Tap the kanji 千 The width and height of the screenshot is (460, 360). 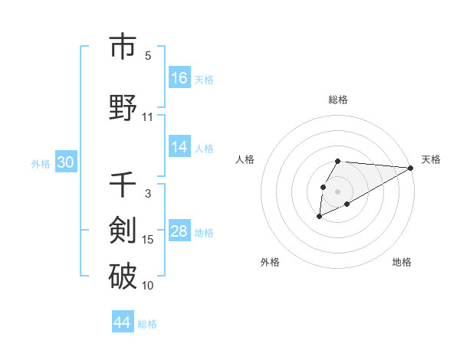pos(123,186)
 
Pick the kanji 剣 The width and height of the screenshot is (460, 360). pos(123,231)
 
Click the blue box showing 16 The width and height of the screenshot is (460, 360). pos(179,77)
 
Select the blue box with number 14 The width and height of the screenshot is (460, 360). pos(179,147)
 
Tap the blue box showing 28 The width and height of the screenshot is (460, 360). pos(179,231)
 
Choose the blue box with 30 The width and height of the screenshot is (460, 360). pos(65,162)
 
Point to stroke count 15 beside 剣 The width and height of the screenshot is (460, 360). pos(148,240)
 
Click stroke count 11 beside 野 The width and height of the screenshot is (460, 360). pos(148,116)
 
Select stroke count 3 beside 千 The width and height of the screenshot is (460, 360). pos(148,193)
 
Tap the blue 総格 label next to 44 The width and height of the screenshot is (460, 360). pos(147,324)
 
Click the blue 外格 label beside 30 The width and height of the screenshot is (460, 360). pos(41,164)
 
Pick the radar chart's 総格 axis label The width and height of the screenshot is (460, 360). pos(338,100)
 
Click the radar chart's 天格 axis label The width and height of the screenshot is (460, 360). pos(431,159)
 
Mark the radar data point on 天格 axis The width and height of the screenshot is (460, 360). pos(411,168)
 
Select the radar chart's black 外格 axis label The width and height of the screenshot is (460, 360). pos(270,262)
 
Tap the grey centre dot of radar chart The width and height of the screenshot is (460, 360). pos(338,191)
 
